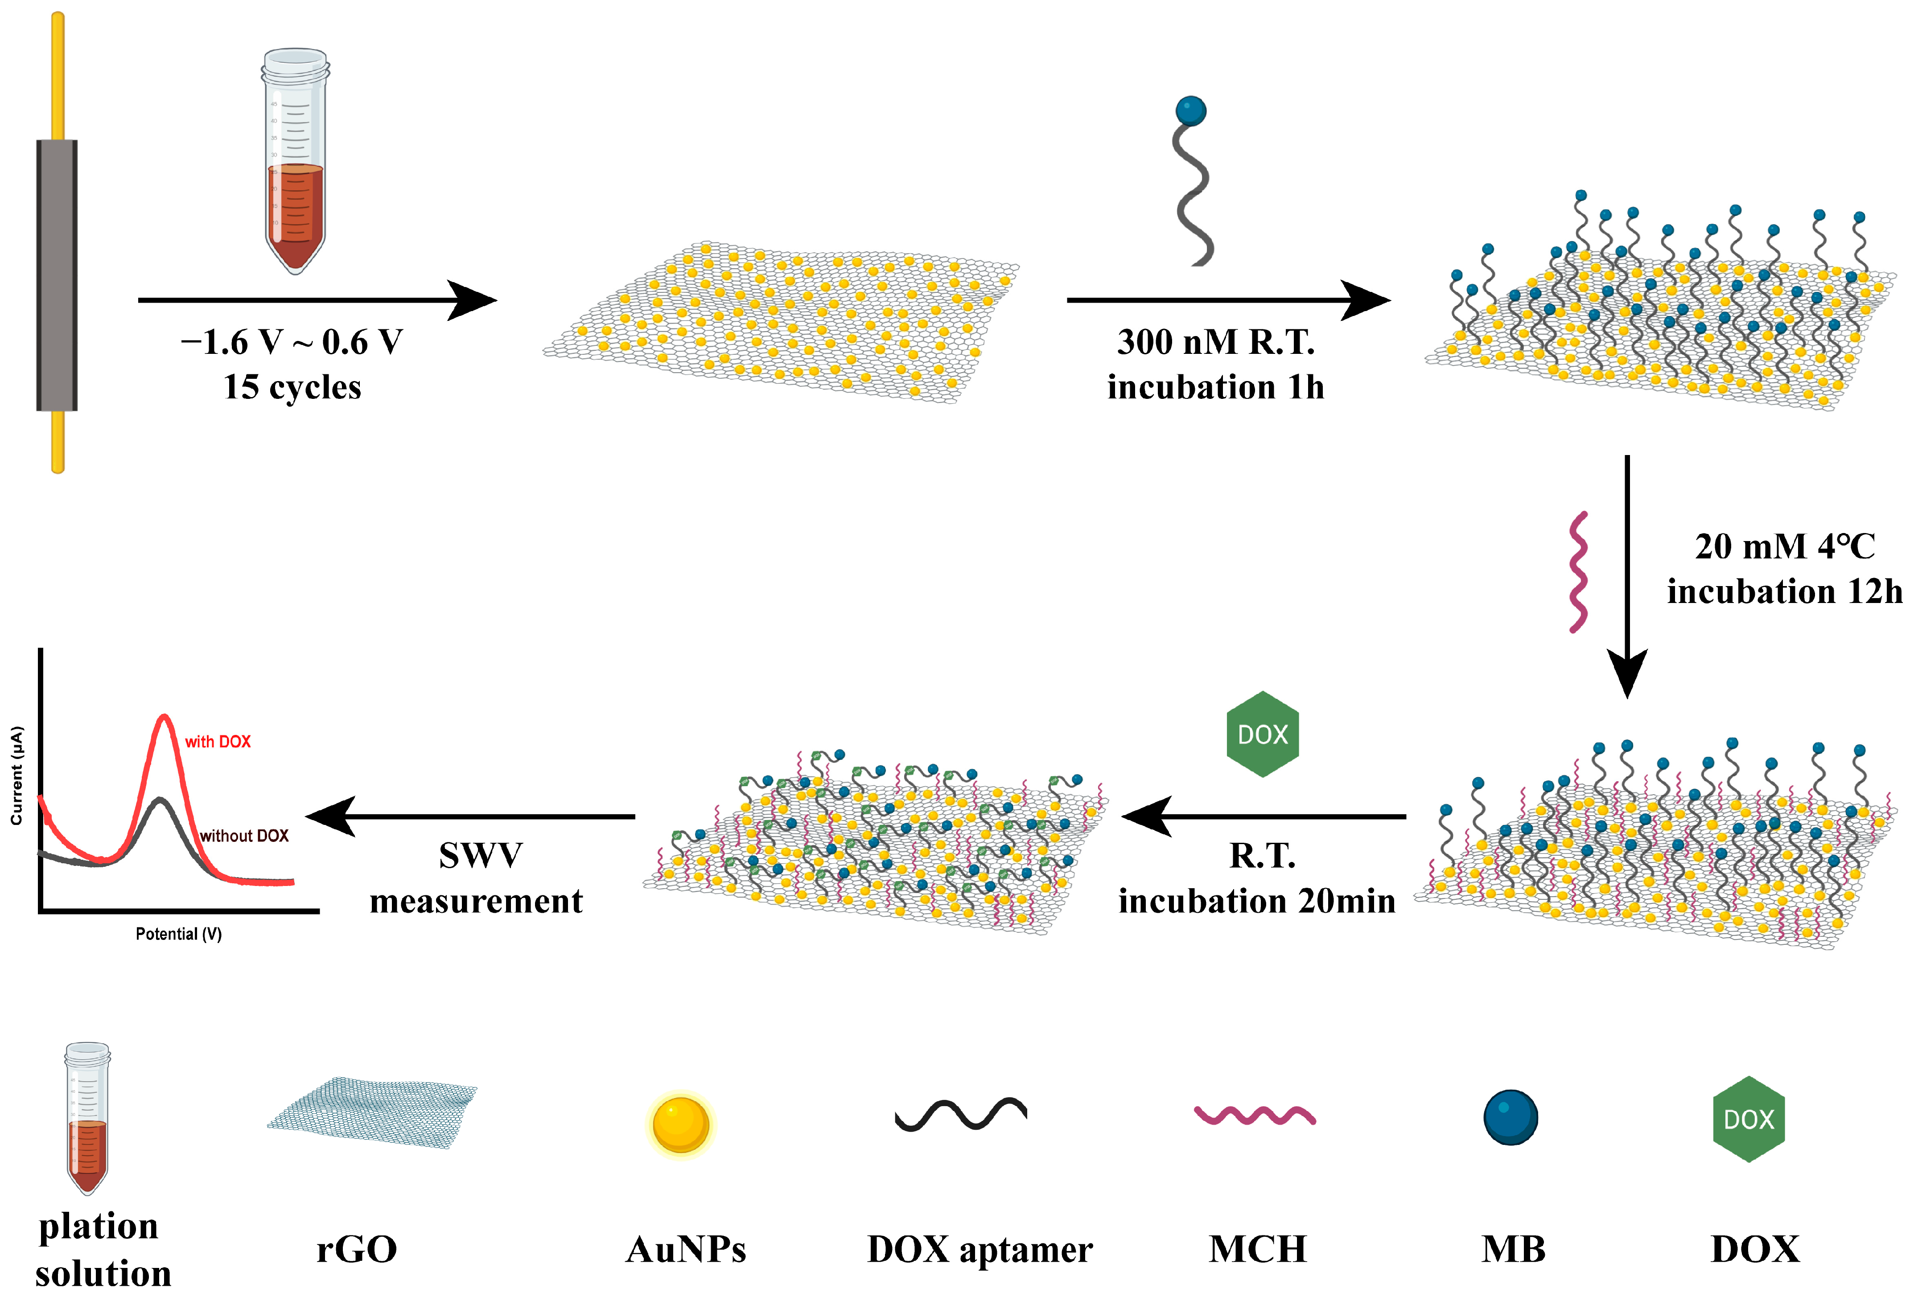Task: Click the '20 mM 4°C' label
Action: coord(1785,546)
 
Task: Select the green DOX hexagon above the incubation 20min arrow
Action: coord(1262,733)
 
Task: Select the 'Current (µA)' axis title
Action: coord(16,775)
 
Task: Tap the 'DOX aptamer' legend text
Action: coord(979,1249)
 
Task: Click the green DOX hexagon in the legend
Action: coord(1748,1119)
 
